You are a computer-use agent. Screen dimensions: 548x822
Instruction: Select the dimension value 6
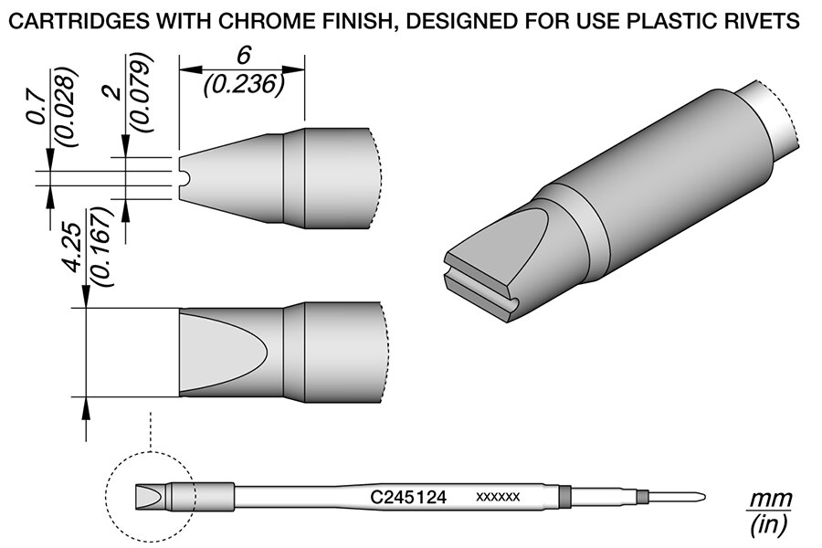(x=243, y=57)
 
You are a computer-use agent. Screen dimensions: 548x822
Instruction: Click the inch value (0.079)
(x=143, y=94)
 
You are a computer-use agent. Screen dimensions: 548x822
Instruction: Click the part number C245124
(x=408, y=498)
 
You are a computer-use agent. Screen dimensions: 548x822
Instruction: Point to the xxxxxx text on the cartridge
(x=498, y=498)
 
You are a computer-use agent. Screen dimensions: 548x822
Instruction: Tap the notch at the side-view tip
(x=184, y=176)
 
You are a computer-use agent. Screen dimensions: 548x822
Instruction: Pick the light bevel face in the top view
(x=219, y=349)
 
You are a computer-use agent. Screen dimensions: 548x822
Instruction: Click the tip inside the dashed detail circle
(x=151, y=498)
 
